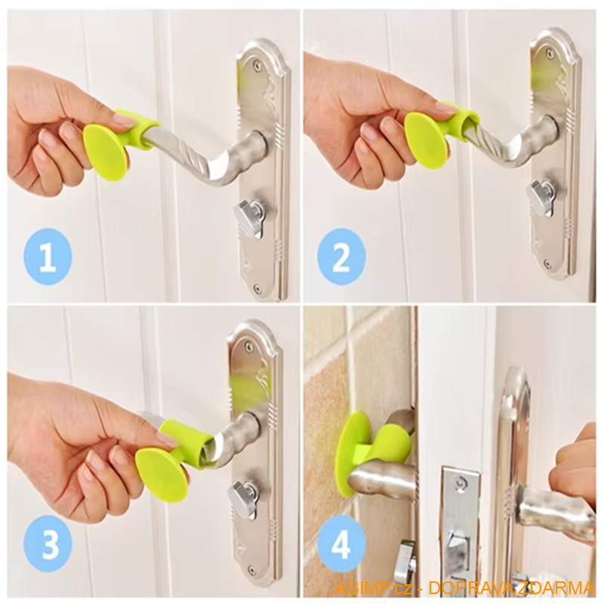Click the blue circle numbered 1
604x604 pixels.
(48, 257)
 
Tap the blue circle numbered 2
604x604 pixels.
(341, 257)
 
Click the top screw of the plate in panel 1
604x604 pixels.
(257, 66)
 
